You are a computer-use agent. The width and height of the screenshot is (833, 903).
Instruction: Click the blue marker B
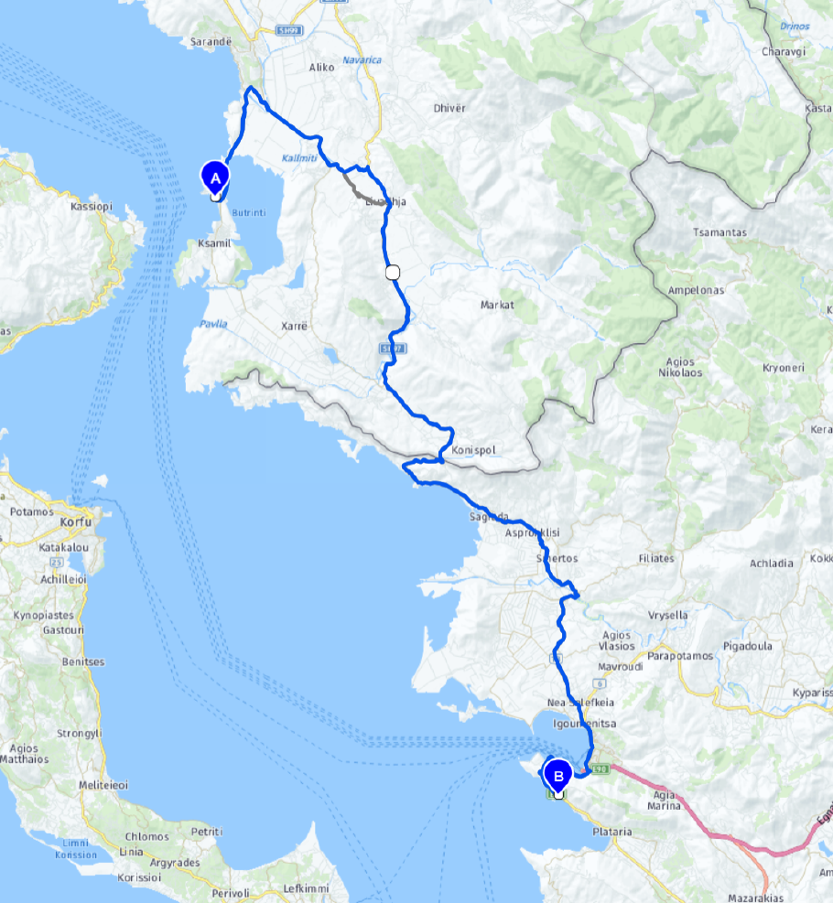coord(557,775)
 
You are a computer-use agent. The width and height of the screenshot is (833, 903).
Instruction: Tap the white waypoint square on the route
coord(394,272)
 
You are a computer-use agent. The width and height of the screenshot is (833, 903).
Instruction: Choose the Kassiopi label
coord(91,207)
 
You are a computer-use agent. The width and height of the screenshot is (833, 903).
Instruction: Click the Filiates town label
coord(655,558)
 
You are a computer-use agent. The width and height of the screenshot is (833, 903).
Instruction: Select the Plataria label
coord(612,832)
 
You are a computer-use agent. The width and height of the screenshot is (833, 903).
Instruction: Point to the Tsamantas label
coord(719,232)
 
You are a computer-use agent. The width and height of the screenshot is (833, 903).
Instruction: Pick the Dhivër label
coord(449,108)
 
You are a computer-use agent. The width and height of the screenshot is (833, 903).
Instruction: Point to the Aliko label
coord(323,67)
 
